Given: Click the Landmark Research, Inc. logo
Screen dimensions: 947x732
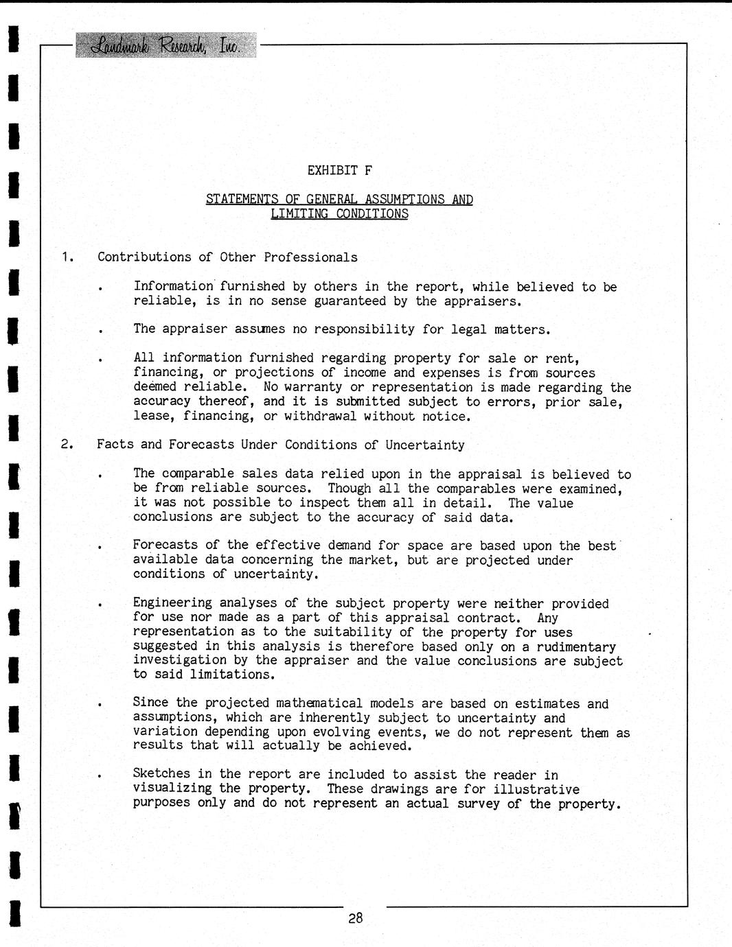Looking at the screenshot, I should tap(166, 45).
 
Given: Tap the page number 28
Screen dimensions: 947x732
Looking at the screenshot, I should tap(355, 917).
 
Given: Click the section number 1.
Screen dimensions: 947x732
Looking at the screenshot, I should tap(67, 257).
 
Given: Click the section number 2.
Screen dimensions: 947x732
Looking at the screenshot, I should tap(67, 445).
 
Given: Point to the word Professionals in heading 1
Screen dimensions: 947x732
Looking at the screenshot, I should tap(310, 257).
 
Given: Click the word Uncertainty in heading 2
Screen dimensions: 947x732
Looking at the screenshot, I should tap(424, 445).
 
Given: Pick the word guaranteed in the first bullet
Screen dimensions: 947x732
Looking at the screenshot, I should tap(350, 301).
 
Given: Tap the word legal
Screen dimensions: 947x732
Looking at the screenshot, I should tap(469, 329).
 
